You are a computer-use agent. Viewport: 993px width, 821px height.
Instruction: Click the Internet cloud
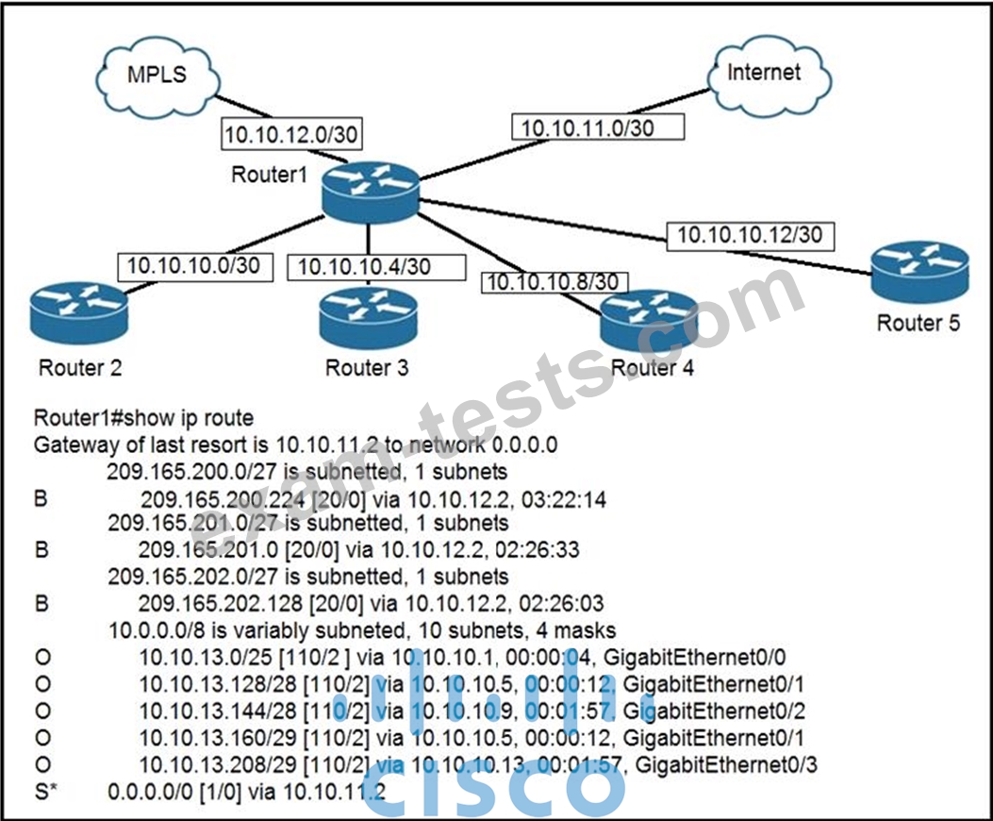769,76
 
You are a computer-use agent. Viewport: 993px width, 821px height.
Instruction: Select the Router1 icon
370,193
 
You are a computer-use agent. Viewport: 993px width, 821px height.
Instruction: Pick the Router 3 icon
368,318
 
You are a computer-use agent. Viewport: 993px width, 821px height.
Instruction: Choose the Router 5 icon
919,273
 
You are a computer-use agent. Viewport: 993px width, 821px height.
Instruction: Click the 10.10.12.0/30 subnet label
291,134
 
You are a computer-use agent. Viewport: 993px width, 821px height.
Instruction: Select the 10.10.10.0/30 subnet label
195,266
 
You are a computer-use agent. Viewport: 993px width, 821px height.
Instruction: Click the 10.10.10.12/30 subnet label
750,236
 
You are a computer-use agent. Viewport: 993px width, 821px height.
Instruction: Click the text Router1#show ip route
143,418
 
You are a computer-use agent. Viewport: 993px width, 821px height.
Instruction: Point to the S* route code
46,792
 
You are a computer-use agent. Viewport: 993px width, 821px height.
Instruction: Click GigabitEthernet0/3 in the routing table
726,765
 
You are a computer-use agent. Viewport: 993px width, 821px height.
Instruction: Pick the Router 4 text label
652,368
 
